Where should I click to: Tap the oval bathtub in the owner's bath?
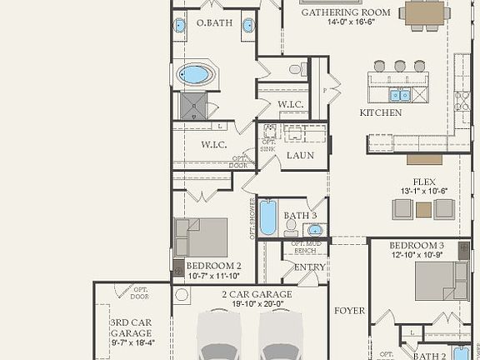(x=194, y=75)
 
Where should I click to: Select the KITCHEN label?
(x=381, y=112)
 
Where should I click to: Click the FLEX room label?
(x=424, y=182)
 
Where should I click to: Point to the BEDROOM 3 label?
(x=417, y=245)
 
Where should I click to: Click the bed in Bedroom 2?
(x=203, y=237)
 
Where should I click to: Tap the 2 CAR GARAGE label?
(x=257, y=295)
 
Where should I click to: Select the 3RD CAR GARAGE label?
(x=131, y=327)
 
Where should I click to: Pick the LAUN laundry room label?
(x=299, y=155)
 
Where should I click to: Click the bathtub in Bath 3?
(x=267, y=217)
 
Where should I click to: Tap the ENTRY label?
(x=310, y=267)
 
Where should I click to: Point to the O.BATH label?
(x=213, y=22)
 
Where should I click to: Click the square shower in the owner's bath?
(x=193, y=105)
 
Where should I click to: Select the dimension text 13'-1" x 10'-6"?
(x=424, y=192)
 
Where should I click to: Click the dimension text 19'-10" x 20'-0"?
(x=257, y=305)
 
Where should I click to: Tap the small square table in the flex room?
(x=423, y=209)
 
